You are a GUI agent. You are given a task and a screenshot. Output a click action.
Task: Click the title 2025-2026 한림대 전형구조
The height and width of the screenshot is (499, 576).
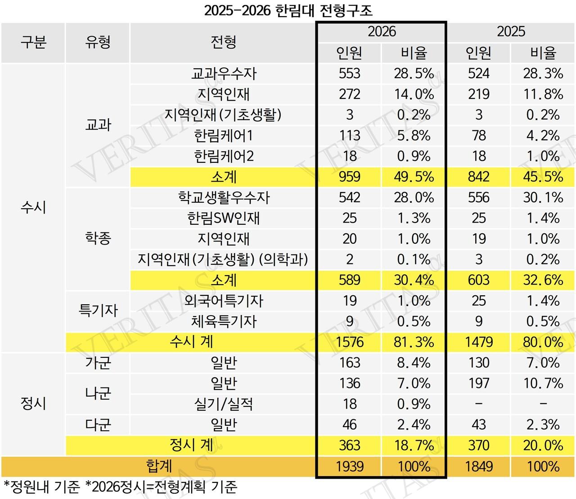[x=288, y=10]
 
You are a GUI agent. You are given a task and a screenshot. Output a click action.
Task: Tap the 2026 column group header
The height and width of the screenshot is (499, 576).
[x=382, y=31]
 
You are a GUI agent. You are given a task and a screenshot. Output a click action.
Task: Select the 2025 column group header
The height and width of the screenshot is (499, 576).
[x=511, y=31]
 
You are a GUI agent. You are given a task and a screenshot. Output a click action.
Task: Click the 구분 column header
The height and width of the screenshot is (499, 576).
[x=33, y=43]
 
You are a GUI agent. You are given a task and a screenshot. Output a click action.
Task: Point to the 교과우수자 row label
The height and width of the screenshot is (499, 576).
[x=224, y=73]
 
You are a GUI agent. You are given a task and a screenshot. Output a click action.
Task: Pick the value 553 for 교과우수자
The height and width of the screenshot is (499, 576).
[x=350, y=73]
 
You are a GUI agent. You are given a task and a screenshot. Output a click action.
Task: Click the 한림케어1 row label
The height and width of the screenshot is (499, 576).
[x=224, y=135]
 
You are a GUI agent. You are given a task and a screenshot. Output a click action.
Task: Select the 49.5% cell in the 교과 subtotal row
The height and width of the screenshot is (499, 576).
[x=414, y=177]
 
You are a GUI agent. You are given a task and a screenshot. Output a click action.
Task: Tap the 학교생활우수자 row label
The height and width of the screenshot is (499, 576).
[x=224, y=197]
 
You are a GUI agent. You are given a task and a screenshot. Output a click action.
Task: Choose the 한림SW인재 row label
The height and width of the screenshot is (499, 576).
[x=224, y=218]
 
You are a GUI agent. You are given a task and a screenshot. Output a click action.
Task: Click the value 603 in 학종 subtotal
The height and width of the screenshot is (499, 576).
[x=479, y=280]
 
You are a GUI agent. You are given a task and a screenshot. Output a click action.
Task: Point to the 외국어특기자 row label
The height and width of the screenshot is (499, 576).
[x=224, y=301]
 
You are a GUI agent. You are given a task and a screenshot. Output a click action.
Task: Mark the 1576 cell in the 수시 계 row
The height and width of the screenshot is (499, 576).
[x=350, y=342]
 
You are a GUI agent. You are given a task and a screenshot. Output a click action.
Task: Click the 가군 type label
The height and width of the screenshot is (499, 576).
[x=98, y=363]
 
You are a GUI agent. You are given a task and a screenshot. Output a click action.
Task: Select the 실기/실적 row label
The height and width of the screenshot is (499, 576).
[x=224, y=404]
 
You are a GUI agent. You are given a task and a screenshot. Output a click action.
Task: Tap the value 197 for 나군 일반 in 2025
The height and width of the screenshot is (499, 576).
[x=479, y=383]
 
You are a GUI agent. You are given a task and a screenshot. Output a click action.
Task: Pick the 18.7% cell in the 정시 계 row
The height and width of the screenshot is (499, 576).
[x=414, y=446]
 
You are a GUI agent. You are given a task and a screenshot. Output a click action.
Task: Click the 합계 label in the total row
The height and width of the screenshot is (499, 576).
[x=159, y=466]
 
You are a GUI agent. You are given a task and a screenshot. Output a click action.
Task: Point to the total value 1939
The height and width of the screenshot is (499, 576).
[x=350, y=466]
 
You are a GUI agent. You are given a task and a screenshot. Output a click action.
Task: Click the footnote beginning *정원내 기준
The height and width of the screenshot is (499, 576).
[x=120, y=487]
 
